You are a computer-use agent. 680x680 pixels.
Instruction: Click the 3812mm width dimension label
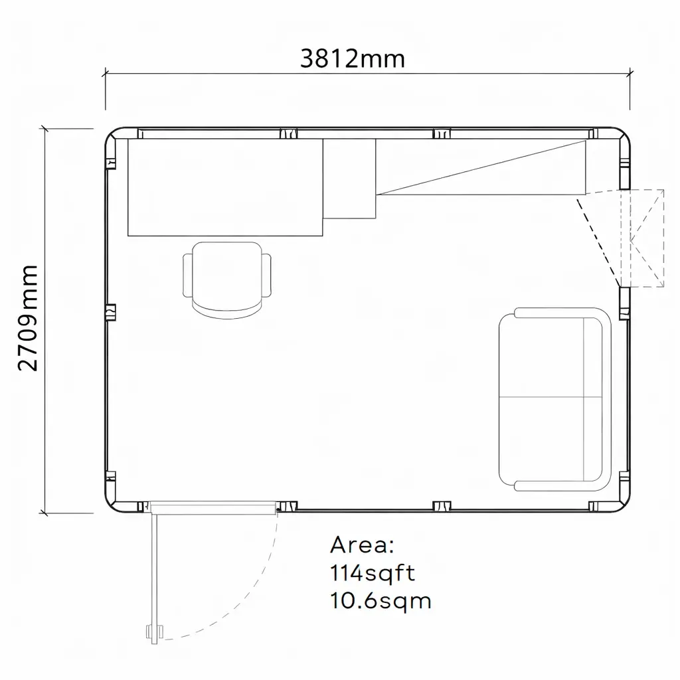tap(352, 59)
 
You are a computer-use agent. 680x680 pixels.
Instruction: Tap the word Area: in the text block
tap(362, 545)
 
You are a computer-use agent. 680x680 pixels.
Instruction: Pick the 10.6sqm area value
tap(380, 601)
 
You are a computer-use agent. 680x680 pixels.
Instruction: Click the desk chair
tap(226, 277)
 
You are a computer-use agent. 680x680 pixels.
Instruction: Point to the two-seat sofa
tap(553, 399)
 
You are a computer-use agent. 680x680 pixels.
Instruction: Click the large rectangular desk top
tap(224, 187)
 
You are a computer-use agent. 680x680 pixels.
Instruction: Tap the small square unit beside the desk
tap(349, 178)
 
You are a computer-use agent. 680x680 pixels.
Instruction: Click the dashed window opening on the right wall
tap(641, 238)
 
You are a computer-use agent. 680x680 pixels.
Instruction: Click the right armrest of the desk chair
tap(267, 276)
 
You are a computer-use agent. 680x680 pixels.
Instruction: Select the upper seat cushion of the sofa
tap(541, 357)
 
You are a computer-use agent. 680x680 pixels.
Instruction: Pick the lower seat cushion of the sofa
tap(541, 438)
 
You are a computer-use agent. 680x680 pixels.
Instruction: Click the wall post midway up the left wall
tap(111, 312)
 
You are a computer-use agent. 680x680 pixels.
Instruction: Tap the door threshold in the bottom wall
tap(212, 508)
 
